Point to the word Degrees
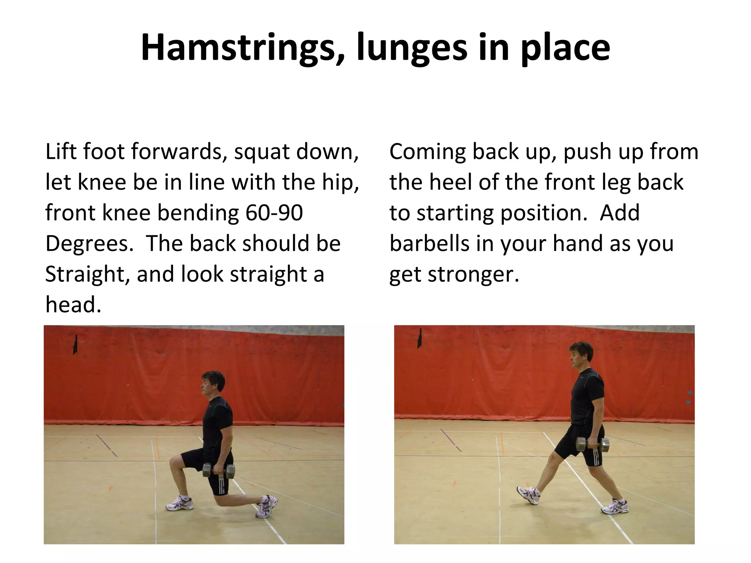point(89,243)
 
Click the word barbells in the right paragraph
point(429,243)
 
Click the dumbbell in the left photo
point(219,471)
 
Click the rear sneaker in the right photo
point(615,506)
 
